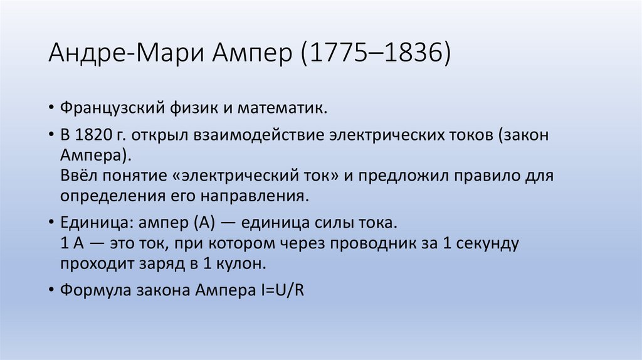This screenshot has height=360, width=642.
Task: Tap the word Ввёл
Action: [x=78, y=176]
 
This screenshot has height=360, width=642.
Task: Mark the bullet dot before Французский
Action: [x=51, y=109]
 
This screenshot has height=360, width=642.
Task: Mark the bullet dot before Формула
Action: [x=51, y=291]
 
